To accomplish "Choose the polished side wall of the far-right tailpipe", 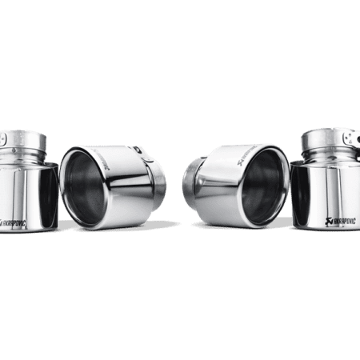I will click(324, 188).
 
